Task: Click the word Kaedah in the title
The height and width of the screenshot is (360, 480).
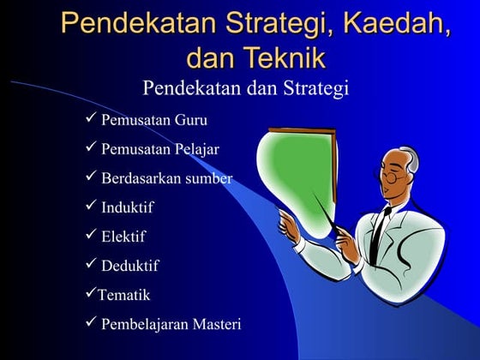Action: [x=393, y=23]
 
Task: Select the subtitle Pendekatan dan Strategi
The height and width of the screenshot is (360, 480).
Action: [x=246, y=88]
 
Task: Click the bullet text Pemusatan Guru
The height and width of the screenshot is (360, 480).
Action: [x=154, y=119]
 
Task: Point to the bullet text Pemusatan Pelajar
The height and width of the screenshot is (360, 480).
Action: [x=160, y=149]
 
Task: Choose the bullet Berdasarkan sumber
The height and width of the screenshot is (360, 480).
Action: [x=166, y=178]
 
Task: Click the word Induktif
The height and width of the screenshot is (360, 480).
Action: [x=128, y=207]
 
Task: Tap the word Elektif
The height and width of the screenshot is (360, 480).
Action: [x=123, y=237]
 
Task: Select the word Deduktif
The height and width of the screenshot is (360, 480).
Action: [x=129, y=266]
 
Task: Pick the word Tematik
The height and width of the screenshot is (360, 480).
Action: [x=123, y=295]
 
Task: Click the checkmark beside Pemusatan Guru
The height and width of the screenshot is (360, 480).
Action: [x=91, y=118]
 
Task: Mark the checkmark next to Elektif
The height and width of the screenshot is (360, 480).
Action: [x=91, y=236]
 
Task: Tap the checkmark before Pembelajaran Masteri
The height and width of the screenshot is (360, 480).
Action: [x=91, y=323]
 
